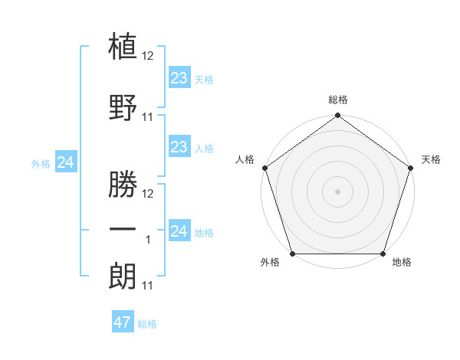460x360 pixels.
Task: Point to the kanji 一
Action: pyautogui.click(x=123, y=229)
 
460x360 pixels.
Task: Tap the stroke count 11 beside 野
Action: pyautogui.click(x=149, y=117)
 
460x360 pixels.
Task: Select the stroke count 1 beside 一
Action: pyautogui.click(x=149, y=240)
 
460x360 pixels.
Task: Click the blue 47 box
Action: pyautogui.click(x=123, y=322)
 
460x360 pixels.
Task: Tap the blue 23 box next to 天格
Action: pyautogui.click(x=179, y=78)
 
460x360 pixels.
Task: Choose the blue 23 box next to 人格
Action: pyautogui.click(x=179, y=147)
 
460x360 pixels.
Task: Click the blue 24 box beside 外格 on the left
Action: pyautogui.click(x=66, y=162)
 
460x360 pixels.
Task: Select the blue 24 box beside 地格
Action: pyautogui.click(x=179, y=231)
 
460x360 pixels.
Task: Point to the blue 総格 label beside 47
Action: pyautogui.click(x=147, y=324)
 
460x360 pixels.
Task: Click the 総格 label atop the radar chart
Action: pyautogui.click(x=337, y=100)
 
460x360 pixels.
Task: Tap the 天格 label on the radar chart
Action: pyautogui.click(x=431, y=159)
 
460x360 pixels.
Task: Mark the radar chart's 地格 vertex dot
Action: pyautogui.click(x=383, y=254)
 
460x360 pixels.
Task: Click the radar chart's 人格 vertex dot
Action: pyautogui.click(x=264, y=168)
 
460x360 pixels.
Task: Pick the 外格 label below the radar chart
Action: pyautogui.click(x=270, y=263)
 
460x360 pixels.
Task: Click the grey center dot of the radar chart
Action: pyautogui.click(x=337, y=191)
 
